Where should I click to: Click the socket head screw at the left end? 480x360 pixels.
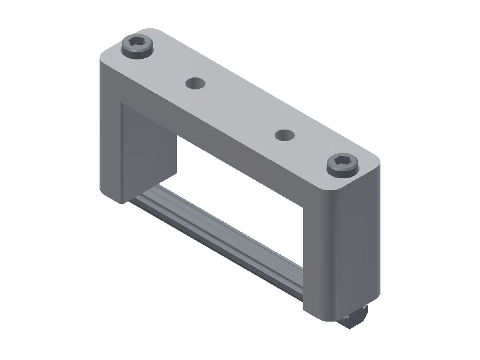(137, 46)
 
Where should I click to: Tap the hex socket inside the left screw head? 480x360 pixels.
(137, 43)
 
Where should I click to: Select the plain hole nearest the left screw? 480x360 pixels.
(194, 83)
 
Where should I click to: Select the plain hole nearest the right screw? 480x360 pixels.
(286, 135)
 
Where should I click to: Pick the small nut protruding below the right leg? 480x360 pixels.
(356, 319)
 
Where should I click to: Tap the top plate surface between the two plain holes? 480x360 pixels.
(240, 108)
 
